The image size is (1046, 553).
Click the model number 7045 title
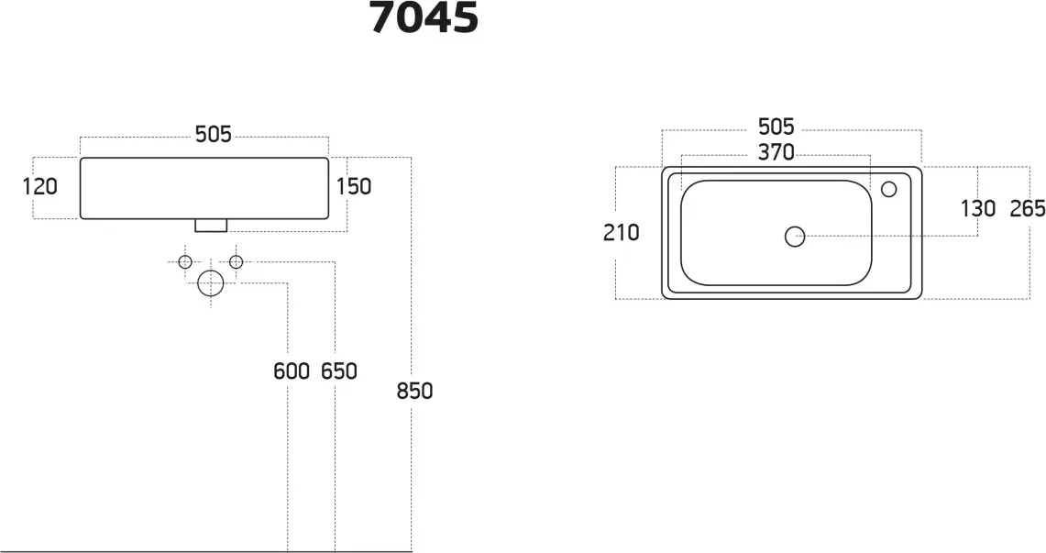(x=424, y=17)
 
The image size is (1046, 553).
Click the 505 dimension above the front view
(x=214, y=135)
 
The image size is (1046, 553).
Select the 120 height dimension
(x=40, y=187)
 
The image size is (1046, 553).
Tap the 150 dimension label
(x=354, y=187)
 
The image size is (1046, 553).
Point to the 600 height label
(x=292, y=371)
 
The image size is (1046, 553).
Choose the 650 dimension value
(x=339, y=371)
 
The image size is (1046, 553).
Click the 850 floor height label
(x=415, y=391)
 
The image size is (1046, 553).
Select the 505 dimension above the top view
(x=776, y=127)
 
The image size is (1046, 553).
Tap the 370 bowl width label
(x=776, y=153)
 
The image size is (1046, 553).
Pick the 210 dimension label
(x=621, y=233)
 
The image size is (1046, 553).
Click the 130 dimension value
(x=978, y=209)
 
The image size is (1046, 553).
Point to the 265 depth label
(x=1028, y=209)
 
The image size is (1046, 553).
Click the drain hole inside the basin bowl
(x=795, y=237)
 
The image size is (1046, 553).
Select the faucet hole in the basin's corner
(x=888, y=190)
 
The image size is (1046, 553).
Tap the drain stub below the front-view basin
(x=211, y=226)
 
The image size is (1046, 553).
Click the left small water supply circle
(x=185, y=262)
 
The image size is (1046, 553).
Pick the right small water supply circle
(x=237, y=262)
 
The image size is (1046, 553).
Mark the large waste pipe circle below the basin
(x=211, y=283)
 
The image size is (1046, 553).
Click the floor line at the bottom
(x=206, y=552)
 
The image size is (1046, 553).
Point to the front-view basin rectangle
(x=204, y=158)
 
